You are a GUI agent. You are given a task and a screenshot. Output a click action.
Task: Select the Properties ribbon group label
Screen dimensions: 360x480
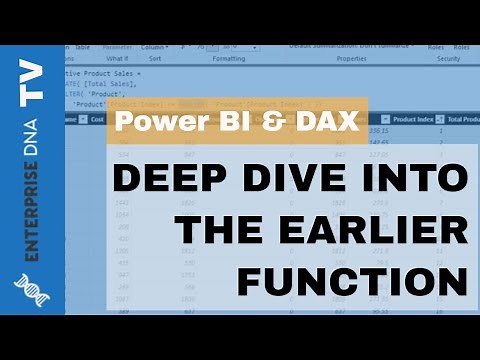tap(351, 59)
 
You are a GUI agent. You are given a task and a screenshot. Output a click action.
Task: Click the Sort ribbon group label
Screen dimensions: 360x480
tap(155, 59)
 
